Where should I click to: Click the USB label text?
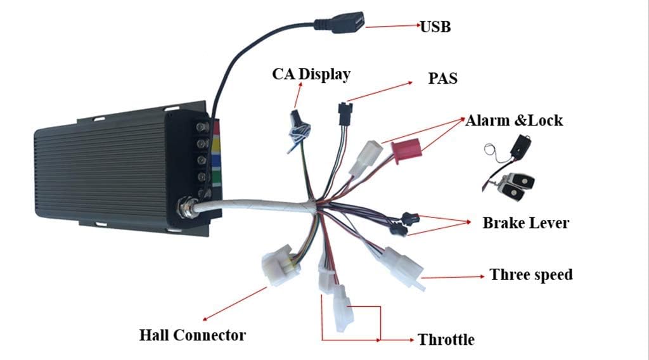coord(435,27)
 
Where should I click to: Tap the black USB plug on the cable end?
coord(340,22)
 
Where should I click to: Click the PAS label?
coord(442,78)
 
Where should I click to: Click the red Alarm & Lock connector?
coord(406,151)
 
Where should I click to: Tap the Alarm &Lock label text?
coord(513,120)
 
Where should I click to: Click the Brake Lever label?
coord(525,223)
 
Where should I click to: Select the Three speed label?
coord(531,274)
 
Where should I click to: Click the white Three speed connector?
coord(403,268)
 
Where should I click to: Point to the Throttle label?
coord(446,339)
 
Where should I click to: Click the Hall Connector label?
coord(193,335)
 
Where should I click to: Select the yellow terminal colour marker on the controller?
coord(217,145)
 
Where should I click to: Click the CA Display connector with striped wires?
coord(298,129)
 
